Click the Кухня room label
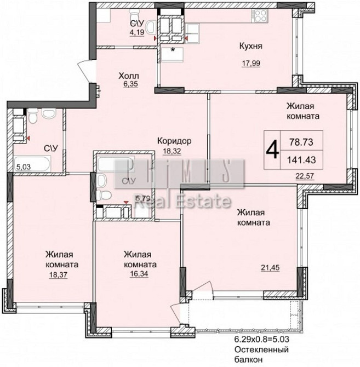pyautogui.click(x=251, y=46)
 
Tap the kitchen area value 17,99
pyautogui.click(x=251, y=63)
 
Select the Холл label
pyautogui.click(x=129, y=76)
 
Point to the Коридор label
pyautogui.click(x=174, y=141)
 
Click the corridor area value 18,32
pyautogui.click(x=172, y=151)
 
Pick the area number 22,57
pyautogui.click(x=305, y=175)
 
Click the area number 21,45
pyautogui.click(x=270, y=267)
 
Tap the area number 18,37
pyautogui.click(x=58, y=274)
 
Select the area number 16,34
pyautogui.click(x=139, y=274)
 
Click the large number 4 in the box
pyautogui.click(x=272, y=150)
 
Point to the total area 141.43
pyautogui.click(x=301, y=160)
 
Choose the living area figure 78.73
pyautogui.click(x=301, y=142)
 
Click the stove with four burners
pyautogui.click(x=260, y=16)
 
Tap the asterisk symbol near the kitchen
pyautogui.click(x=173, y=50)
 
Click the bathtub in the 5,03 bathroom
pyautogui.click(x=32, y=164)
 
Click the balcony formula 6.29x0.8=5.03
pyautogui.click(x=262, y=339)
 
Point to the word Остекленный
pyautogui.click(x=261, y=349)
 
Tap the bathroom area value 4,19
pyautogui.click(x=137, y=32)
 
